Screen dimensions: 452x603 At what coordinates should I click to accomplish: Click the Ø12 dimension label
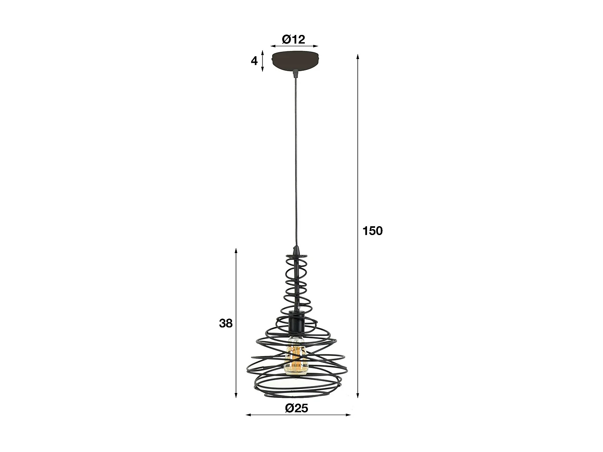(x=293, y=39)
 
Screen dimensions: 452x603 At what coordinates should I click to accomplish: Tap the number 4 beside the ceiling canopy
(x=254, y=61)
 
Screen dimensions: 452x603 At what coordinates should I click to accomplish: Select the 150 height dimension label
(x=373, y=231)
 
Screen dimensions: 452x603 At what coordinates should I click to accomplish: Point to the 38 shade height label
(x=226, y=323)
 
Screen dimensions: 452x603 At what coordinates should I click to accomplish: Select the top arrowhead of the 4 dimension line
(x=263, y=53)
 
